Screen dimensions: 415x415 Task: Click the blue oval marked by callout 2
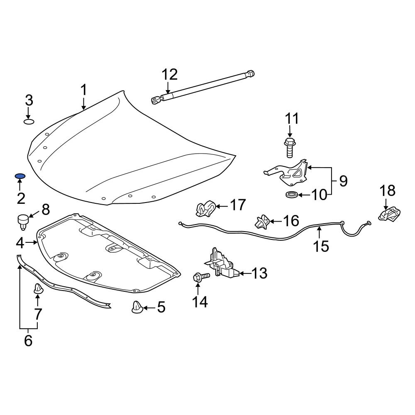[20, 176]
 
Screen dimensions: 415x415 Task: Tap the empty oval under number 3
[29, 122]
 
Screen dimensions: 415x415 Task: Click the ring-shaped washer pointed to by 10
[292, 194]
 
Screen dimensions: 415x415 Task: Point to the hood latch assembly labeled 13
[221, 265]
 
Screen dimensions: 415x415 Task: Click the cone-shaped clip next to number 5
[137, 308]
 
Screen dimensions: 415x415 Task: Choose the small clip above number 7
[38, 288]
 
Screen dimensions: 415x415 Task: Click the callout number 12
[169, 75]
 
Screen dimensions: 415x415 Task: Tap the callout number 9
[343, 181]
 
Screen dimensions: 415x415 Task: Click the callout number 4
[21, 242]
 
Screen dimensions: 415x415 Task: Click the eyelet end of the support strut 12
[155, 100]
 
